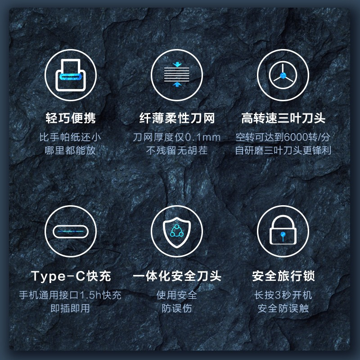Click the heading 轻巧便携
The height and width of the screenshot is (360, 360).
[71, 118]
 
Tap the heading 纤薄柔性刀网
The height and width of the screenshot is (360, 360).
[177, 118]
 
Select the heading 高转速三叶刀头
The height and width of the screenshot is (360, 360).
[283, 118]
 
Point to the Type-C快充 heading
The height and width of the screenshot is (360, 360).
[71, 276]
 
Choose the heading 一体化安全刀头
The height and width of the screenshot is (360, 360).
[177, 276]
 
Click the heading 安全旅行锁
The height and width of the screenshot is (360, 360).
[283, 276]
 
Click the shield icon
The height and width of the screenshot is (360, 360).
[177, 232]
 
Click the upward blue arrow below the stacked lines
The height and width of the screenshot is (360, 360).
[177, 84]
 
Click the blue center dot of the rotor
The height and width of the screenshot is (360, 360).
[283, 75]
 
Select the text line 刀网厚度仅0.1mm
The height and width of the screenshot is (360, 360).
[176, 137]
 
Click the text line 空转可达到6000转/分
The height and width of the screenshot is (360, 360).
[283, 137]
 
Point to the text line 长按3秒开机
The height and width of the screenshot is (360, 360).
[283, 295]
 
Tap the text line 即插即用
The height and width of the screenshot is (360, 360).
[71, 308]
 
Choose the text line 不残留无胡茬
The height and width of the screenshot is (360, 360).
[177, 151]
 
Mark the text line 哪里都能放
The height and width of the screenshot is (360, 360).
[71, 151]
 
